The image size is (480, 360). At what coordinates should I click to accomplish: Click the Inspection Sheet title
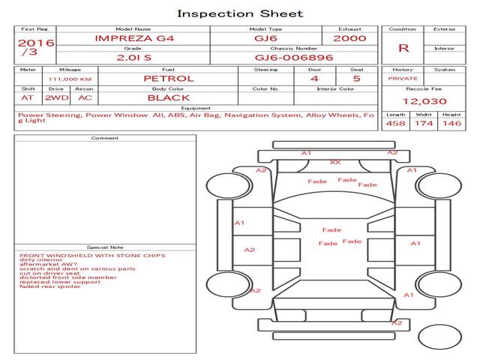[x=240, y=13]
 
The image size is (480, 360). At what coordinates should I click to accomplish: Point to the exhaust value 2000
[x=349, y=37]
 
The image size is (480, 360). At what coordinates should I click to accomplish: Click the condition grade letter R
[x=403, y=47]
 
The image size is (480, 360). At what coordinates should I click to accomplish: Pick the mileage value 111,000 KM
[x=70, y=78]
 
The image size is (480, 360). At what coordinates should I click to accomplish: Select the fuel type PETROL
[x=168, y=78]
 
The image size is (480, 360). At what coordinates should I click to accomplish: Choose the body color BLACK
[x=168, y=97]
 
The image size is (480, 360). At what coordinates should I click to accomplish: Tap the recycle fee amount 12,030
[x=424, y=101]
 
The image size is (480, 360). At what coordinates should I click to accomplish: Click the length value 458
[x=395, y=124]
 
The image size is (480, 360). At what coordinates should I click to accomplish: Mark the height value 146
[x=451, y=124]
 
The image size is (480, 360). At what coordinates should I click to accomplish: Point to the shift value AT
[x=28, y=97]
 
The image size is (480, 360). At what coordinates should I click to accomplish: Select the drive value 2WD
[x=54, y=97]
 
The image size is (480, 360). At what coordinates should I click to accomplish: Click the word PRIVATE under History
[x=403, y=78]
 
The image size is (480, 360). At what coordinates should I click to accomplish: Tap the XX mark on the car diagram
[x=334, y=162]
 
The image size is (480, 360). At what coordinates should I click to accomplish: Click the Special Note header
[x=105, y=247]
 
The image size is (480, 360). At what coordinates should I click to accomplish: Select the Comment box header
[x=105, y=138]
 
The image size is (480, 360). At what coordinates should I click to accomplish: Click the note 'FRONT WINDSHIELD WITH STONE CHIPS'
[x=92, y=255]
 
